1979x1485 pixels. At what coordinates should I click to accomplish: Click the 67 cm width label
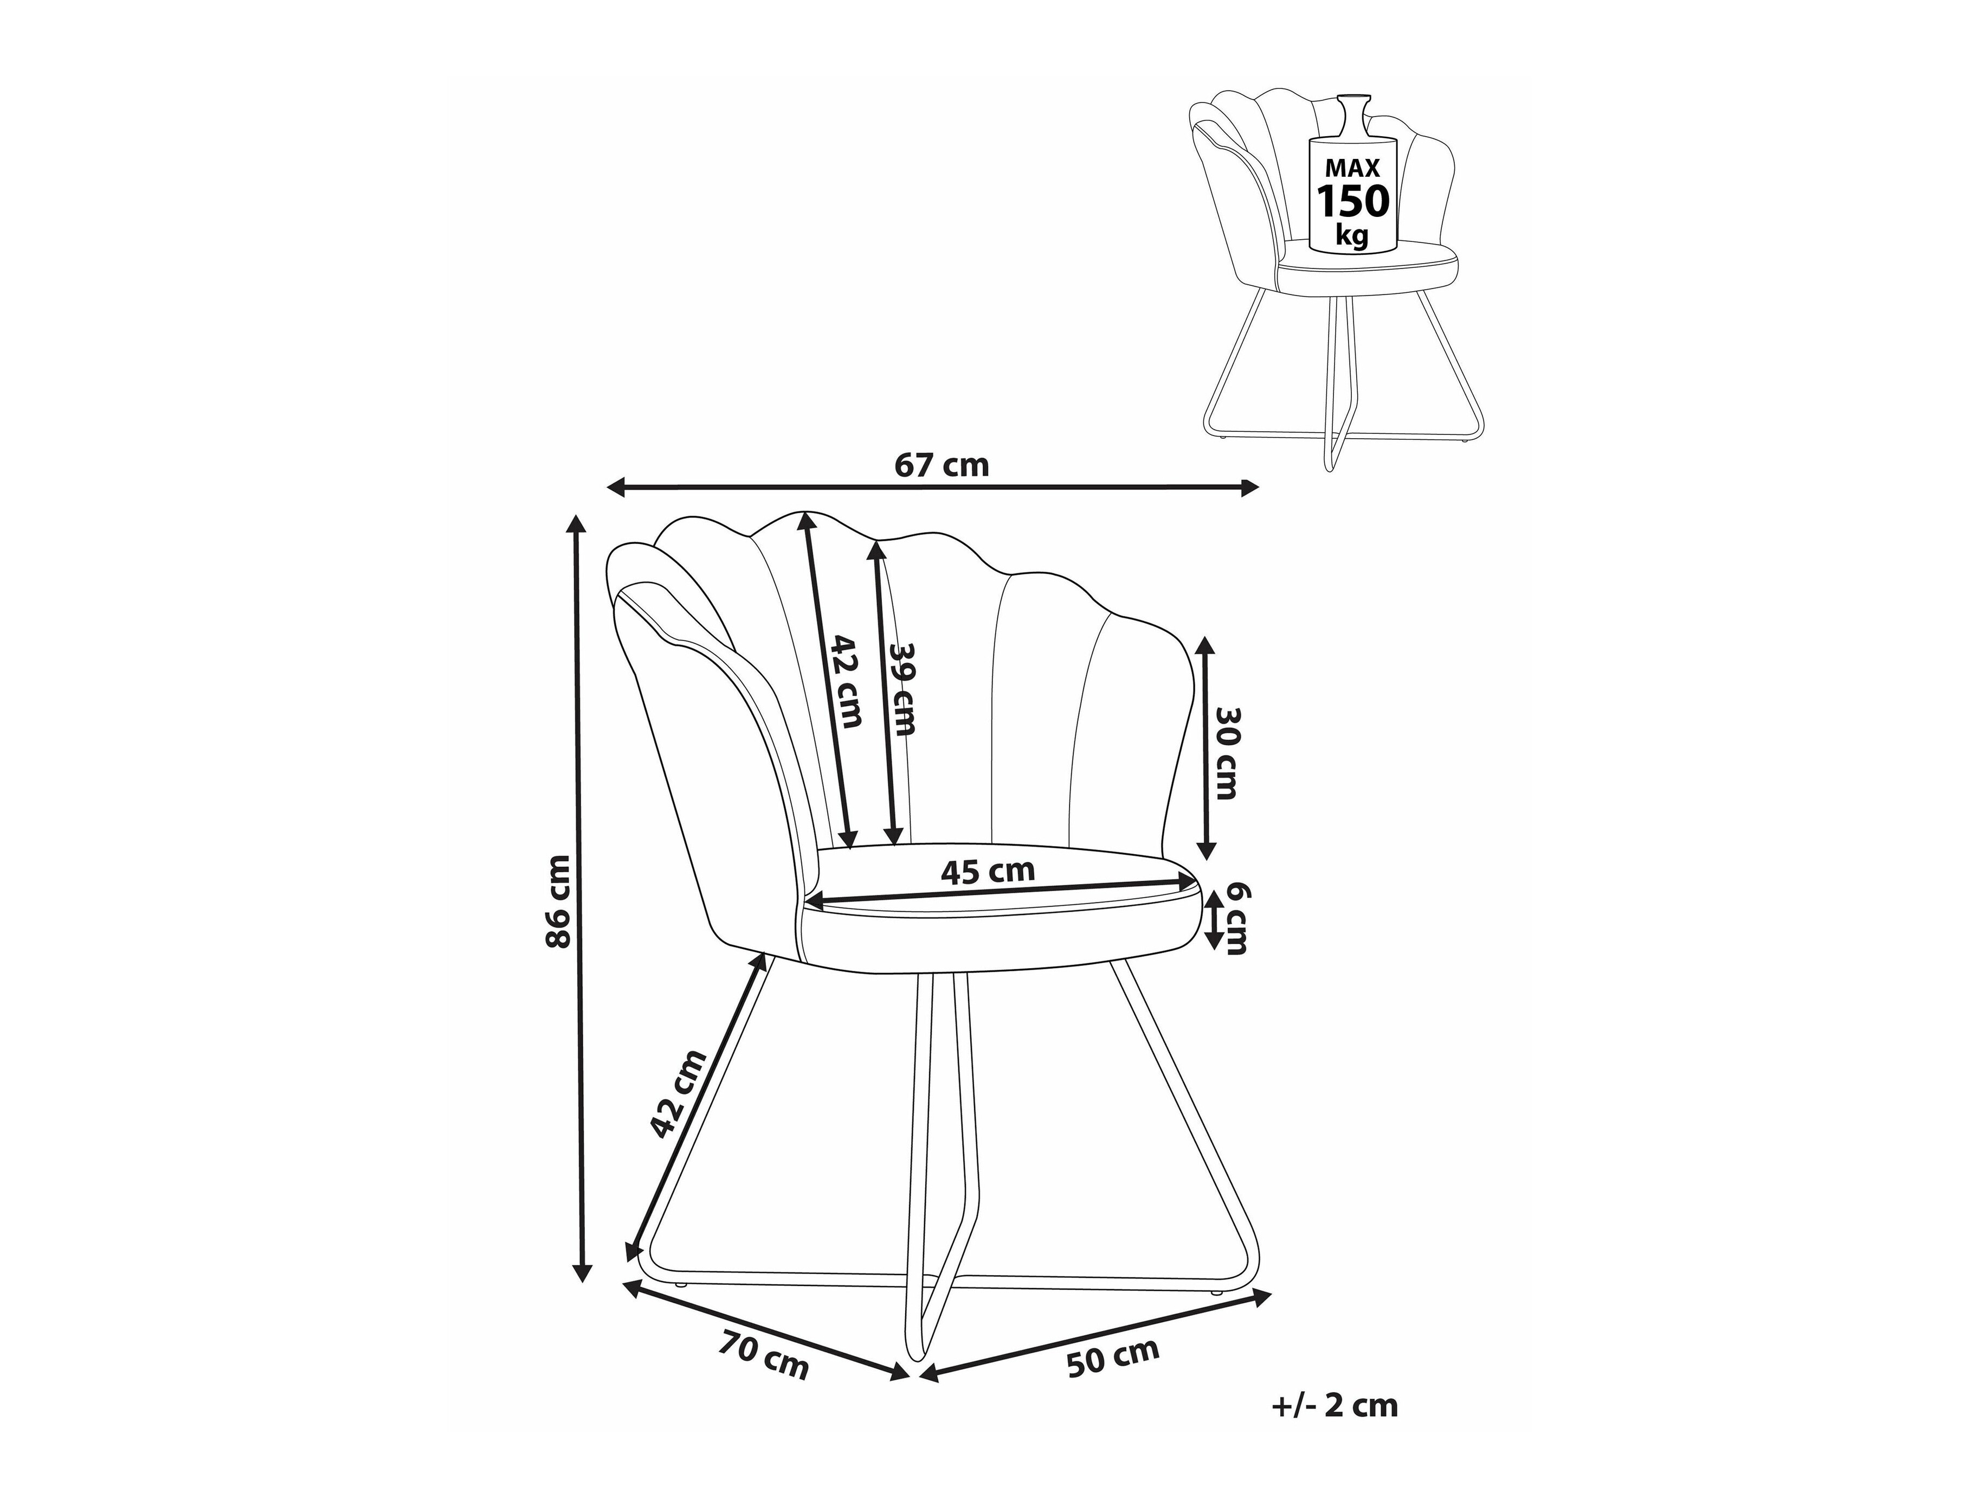click(x=942, y=465)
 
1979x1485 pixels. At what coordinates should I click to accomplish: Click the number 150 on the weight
click(x=1353, y=201)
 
